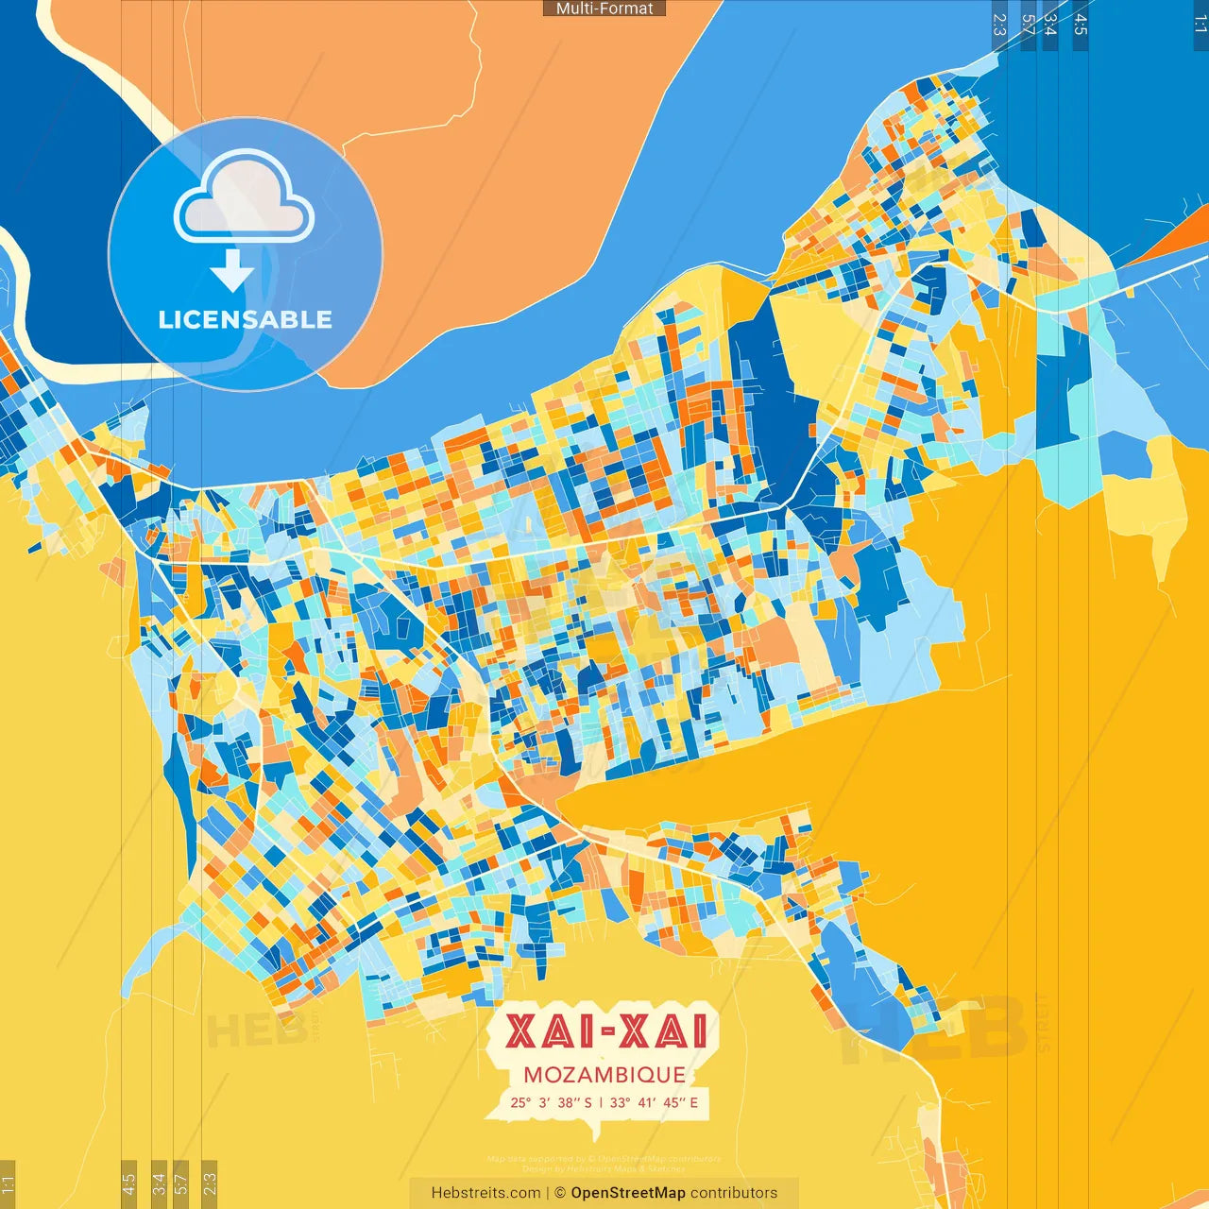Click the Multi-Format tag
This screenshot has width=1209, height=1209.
pos(604,9)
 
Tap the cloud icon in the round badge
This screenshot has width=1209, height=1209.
pos(245,200)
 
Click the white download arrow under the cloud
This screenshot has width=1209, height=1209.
pos(232,271)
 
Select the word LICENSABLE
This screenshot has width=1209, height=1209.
pos(245,320)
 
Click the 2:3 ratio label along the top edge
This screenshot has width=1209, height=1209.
pos(999,25)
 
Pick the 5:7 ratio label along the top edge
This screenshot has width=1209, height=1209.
pos(1027,25)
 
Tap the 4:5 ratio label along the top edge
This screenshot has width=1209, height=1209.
pos(1080,25)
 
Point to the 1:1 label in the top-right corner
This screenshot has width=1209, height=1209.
pos(1200,25)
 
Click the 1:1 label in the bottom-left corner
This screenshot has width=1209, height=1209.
pos(8,1183)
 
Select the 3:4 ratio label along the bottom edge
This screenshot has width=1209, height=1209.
pos(159,1183)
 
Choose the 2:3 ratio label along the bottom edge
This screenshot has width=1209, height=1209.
pos(210,1183)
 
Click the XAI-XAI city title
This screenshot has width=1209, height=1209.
pos(605,1031)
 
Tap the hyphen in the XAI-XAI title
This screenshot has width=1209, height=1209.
pos(605,1033)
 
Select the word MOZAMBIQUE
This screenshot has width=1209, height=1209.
pos(604,1075)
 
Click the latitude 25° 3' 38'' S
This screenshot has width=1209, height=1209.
pos(552,1102)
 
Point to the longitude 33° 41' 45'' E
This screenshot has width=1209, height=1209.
pos(654,1102)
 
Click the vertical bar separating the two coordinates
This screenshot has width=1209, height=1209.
pos(602,1102)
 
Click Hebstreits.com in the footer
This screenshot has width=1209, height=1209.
pos(485,1193)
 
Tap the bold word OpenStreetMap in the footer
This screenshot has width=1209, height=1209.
pos(627,1193)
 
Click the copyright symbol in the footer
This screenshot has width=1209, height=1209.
pos(560,1193)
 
